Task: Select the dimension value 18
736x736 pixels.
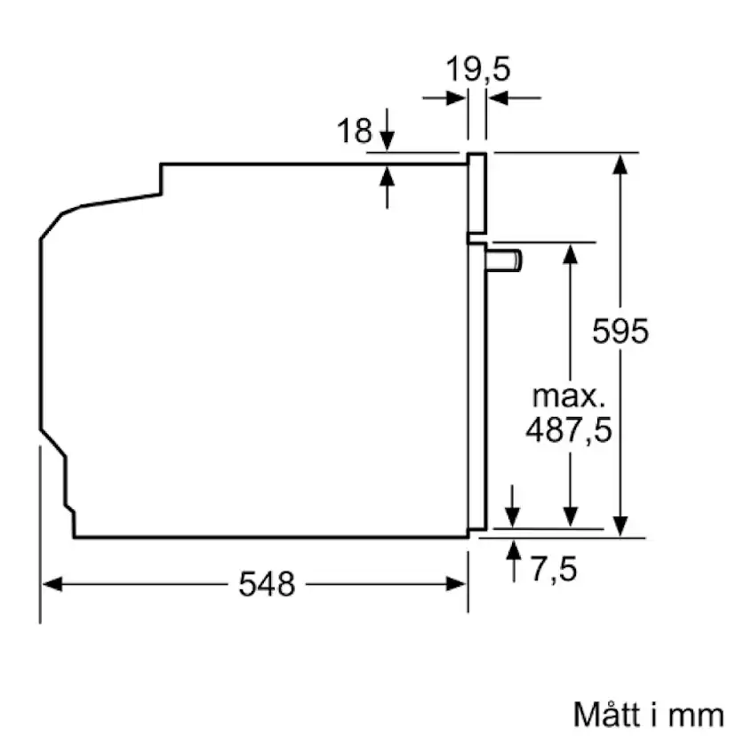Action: click(x=354, y=132)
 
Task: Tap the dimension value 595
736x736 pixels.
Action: click(x=621, y=332)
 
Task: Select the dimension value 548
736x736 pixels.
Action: click(x=267, y=584)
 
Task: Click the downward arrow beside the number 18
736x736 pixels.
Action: click(x=387, y=140)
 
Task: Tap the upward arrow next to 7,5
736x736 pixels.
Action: click(x=513, y=551)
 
